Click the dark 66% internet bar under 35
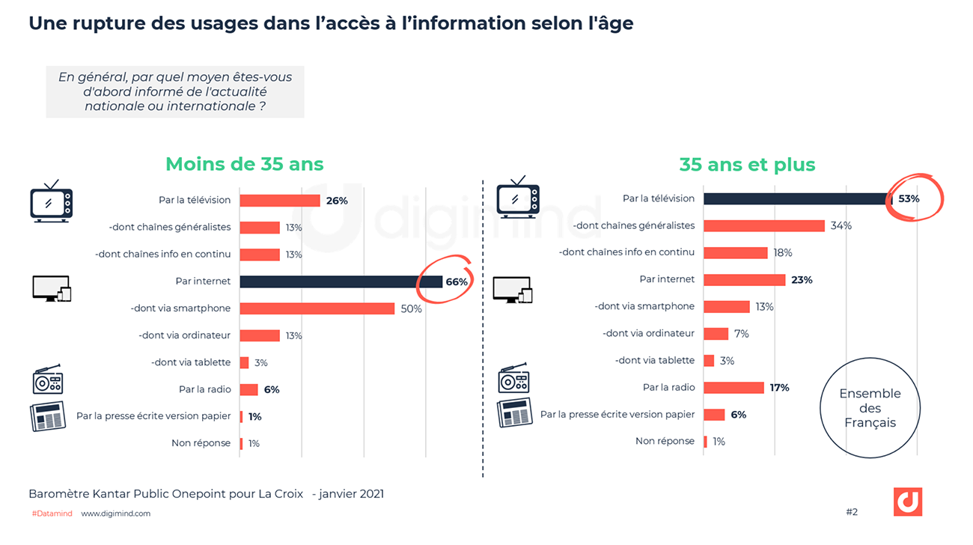341,281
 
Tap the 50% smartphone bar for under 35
317,308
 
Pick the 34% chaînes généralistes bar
764,225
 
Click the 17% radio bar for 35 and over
733,387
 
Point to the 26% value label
337,201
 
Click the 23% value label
801,280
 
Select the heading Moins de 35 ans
245,164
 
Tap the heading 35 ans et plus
747,164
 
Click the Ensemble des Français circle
870,408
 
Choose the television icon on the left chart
51,201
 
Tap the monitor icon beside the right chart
513,289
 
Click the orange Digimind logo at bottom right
907,502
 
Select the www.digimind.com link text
115,514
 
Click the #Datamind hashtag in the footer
52,514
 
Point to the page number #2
852,512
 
